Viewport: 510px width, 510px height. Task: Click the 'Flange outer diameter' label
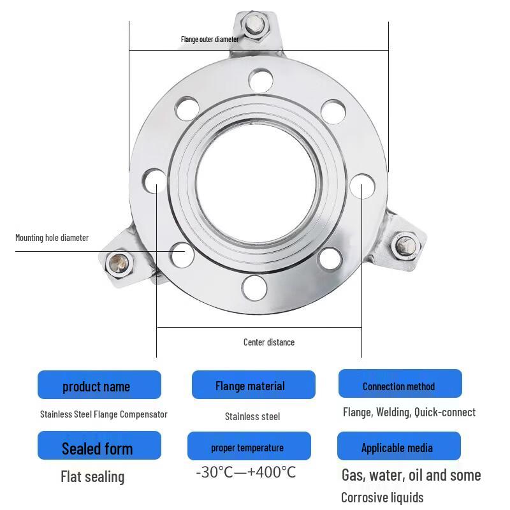pyautogui.click(x=210, y=40)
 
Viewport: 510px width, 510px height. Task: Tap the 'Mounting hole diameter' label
pyautogui.click(x=52, y=238)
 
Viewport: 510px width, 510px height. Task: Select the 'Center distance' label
pyautogui.click(x=269, y=342)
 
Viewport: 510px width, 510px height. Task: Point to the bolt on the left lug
pyautogui.click(x=119, y=264)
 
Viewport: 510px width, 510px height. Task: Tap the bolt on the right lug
pyautogui.click(x=405, y=245)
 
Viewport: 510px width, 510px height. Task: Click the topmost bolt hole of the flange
pyautogui.click(x=261, y=80)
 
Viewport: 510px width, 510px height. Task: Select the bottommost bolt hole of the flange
pyautogui.click(x=254, y=288)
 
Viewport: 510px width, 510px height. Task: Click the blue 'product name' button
pyautogui.click(x=99, y=385)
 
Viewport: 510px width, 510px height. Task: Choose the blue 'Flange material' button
pyautogui.click(x=254, y=385)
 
